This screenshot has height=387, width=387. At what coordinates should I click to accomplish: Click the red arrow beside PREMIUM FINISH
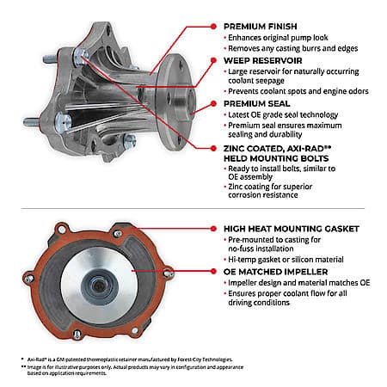(214, 27)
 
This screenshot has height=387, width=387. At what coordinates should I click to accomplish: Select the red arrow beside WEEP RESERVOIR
(214, 62)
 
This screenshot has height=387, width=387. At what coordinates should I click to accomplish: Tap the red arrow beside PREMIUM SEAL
(214, 103)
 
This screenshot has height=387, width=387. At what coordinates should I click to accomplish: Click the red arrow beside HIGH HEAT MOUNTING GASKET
(214, 230)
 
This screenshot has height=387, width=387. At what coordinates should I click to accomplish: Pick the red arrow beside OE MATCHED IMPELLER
(214, 268)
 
